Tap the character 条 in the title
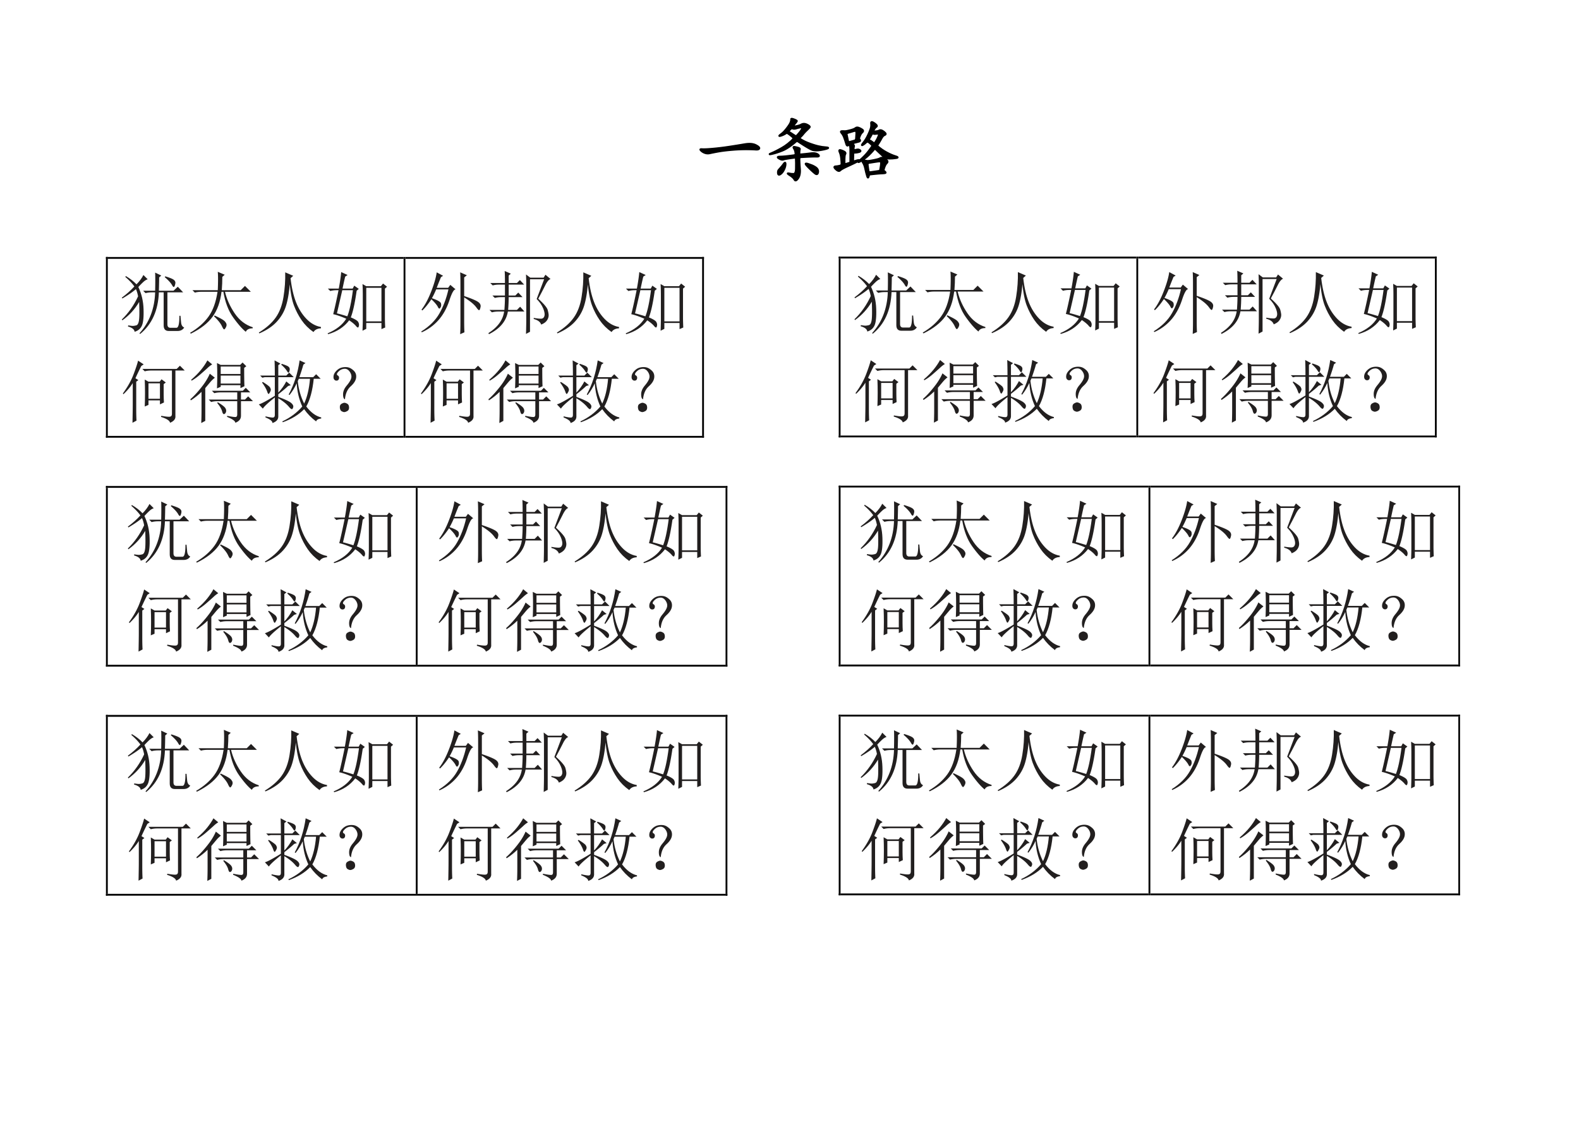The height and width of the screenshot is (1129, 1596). point(799,148)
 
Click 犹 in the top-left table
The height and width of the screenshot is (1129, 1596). point(152,303)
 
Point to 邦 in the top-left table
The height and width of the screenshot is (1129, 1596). point(520,303)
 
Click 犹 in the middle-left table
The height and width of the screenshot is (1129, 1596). point(158,533)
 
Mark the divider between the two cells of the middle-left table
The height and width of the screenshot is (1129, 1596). point(416,576)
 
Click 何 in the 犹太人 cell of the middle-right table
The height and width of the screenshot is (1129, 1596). point(890,620)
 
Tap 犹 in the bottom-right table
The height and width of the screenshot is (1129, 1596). point(890,761)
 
